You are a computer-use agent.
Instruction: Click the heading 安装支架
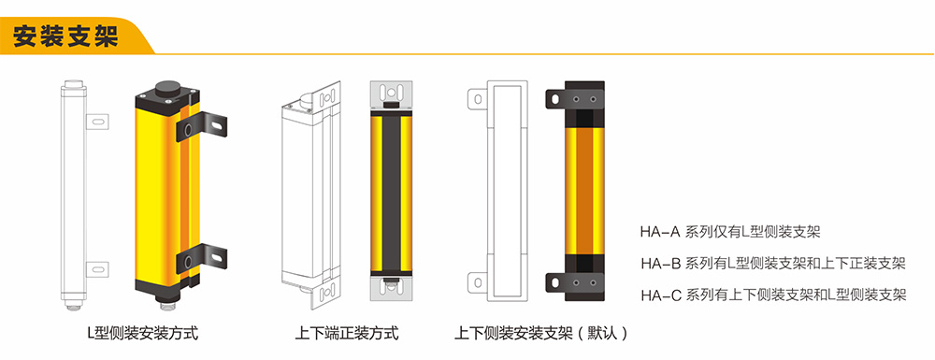click(x=65, y=36)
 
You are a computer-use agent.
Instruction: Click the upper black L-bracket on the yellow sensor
click(x=202, y=126)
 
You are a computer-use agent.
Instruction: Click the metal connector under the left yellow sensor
click(x=166, y=303)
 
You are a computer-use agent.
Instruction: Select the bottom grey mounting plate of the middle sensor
click(x=391, y=292)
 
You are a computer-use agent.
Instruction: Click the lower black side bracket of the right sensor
click(x=574, y=282)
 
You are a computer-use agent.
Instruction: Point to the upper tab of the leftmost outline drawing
click(x=97, y=121)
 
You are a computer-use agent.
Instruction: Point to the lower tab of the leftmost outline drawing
click(x=97, y=268)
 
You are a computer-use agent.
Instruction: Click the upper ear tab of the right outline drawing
click(x=478, y=98)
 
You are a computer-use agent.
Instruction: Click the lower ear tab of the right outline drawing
click(x=478, y=281)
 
